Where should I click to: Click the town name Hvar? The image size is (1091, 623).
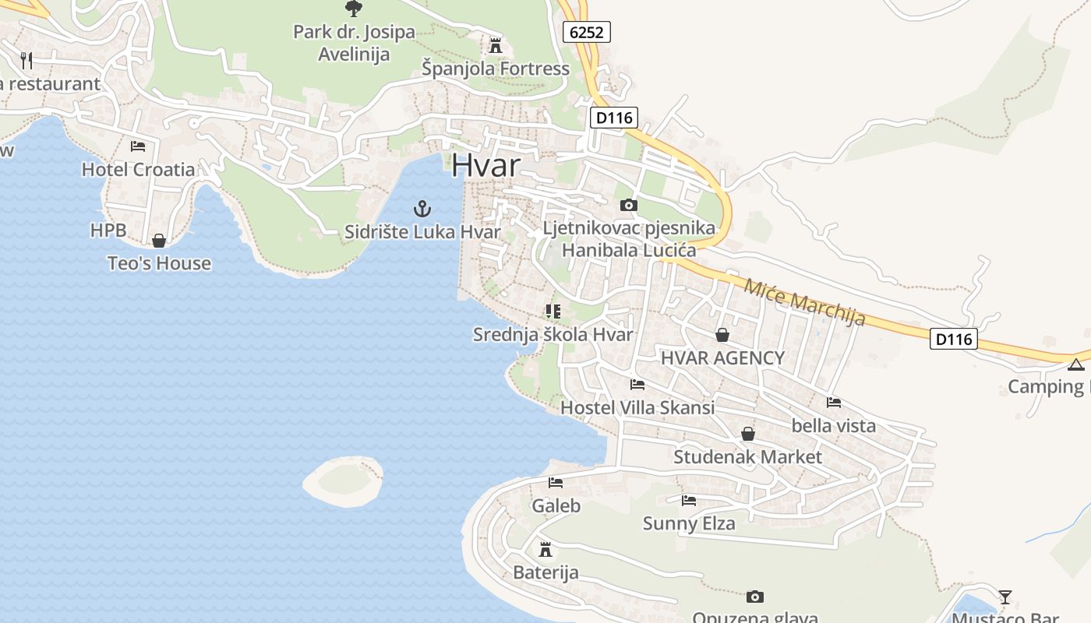click(x=485, y=165)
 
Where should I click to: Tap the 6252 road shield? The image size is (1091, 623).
click(x=586, y=32)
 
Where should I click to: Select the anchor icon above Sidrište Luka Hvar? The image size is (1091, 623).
click(x=422, y=209)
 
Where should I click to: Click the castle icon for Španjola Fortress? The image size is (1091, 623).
click(x=496, y=44)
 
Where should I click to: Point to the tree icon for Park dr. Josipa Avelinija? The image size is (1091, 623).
click(x=354, y=9)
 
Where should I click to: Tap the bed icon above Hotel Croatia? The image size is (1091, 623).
click(x=138, y=146)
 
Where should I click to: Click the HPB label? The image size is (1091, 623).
click(x=108, y=231)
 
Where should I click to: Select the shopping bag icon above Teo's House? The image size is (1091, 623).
click(x=159, y=241)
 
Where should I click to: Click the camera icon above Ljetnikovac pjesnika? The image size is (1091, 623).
click(x=628, y=206)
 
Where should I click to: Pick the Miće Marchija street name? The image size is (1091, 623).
click(x=804, y=302)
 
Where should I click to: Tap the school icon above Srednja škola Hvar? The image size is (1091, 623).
click(x=553, y=311)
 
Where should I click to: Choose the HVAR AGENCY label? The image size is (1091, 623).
click(x=722, y=358)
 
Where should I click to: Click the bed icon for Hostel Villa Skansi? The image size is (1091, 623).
click(x=637, y=385)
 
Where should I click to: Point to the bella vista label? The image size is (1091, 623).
click(x=833, y=426)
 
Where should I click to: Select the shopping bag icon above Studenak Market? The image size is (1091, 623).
click(x=748, y=434)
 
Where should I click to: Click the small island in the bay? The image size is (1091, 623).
click(x=343, y=480)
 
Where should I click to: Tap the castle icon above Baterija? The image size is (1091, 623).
click(x=545, y=550)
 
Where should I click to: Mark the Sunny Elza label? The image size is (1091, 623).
click(x=689, y=523)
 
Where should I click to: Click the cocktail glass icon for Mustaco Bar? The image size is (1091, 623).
click(x=1005, y=597)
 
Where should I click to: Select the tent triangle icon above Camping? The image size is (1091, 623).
click(x=1076, y=364)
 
